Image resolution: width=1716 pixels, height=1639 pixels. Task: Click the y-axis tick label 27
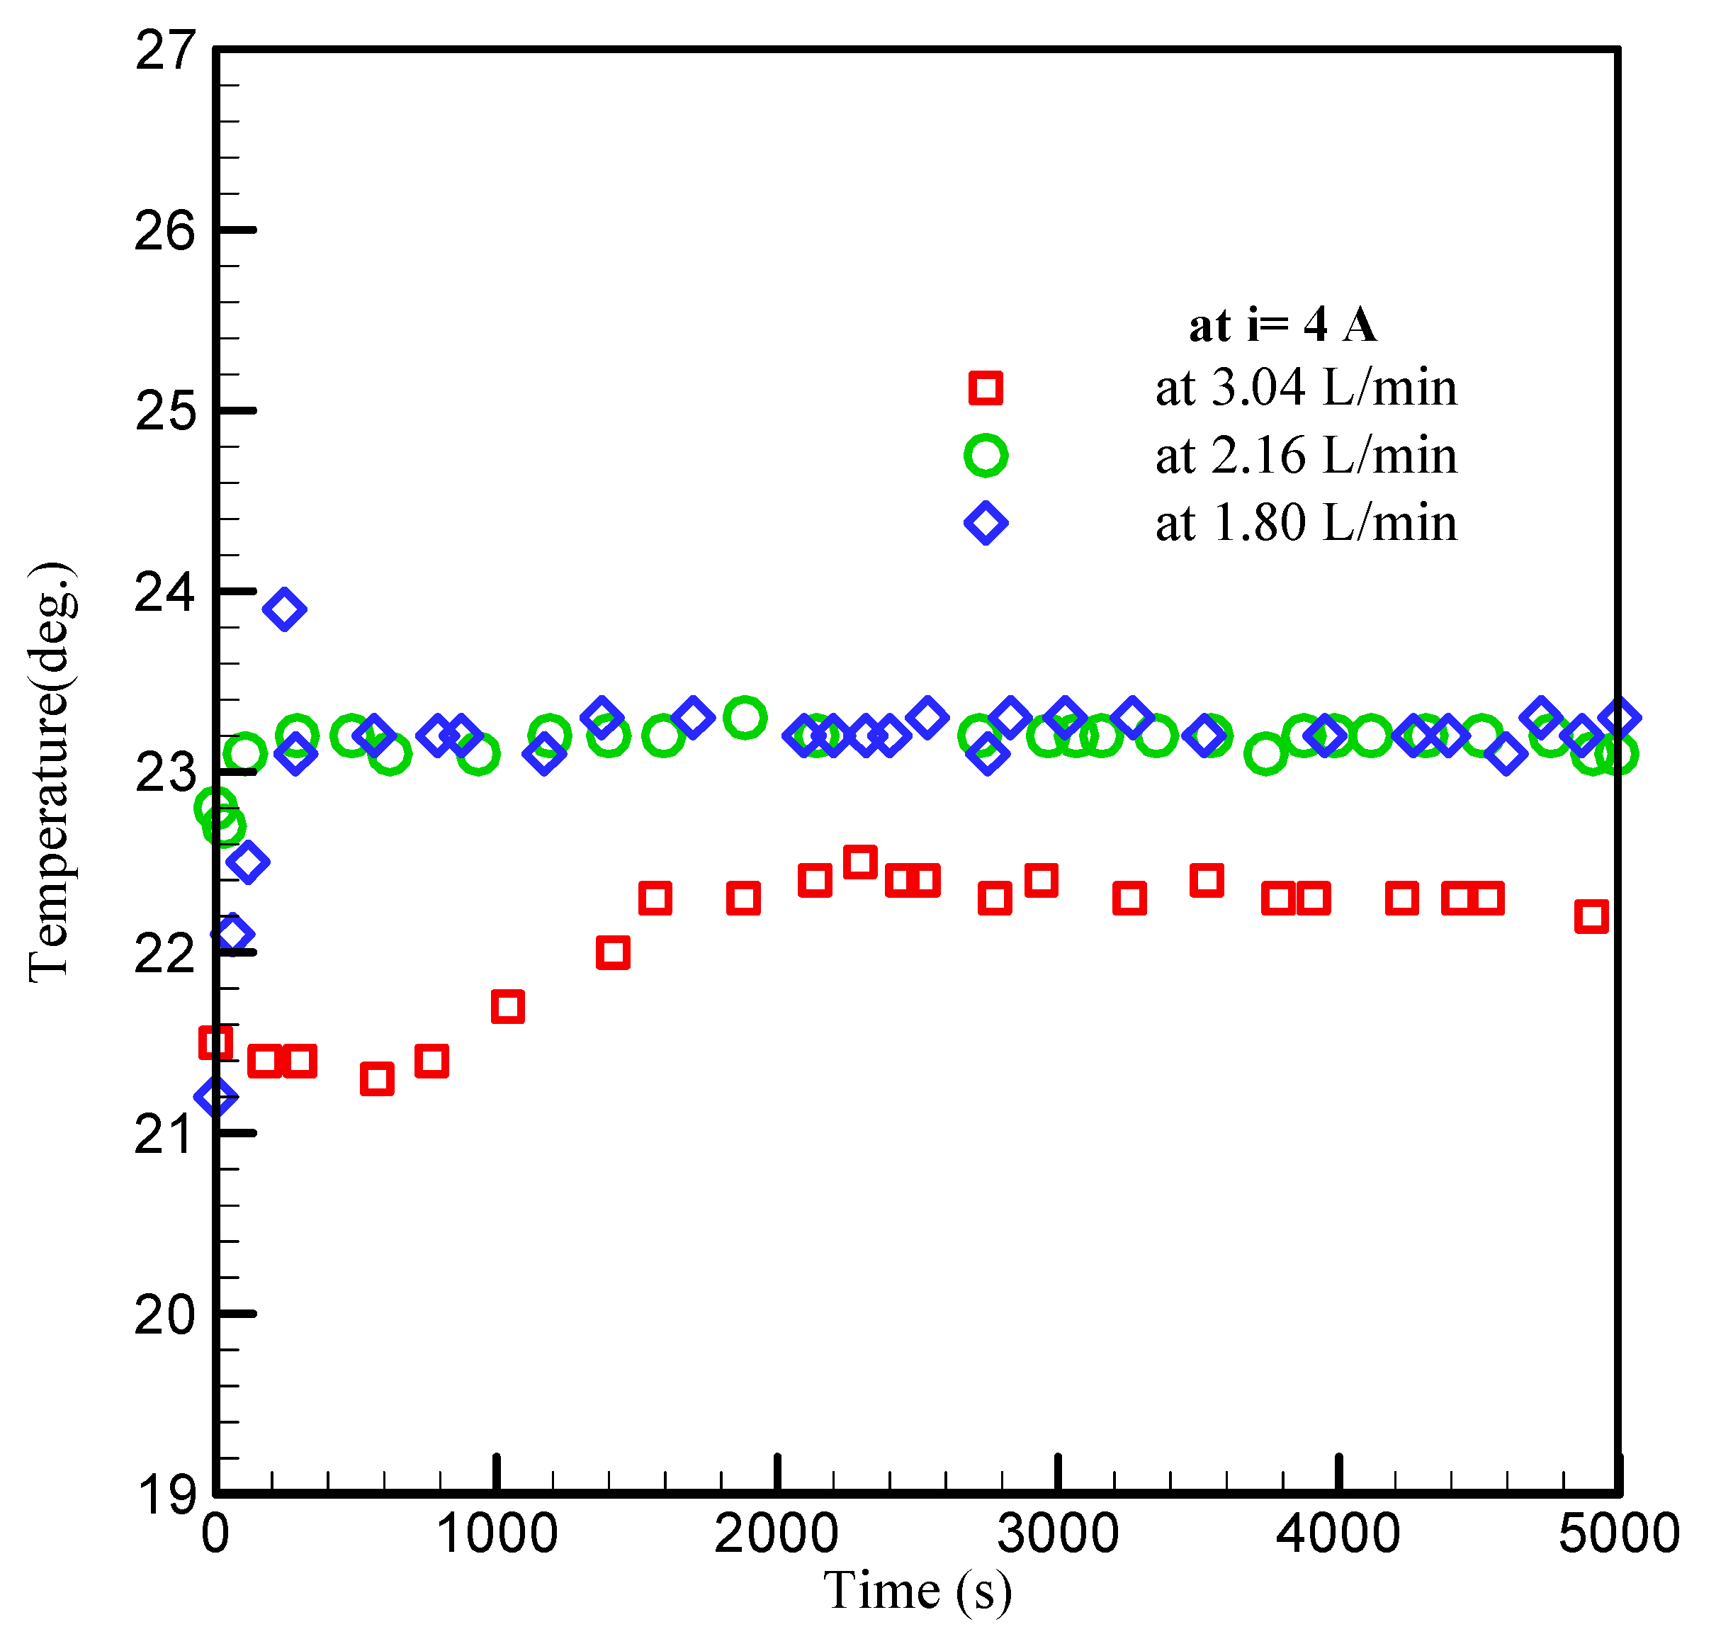click(x=164, y=51)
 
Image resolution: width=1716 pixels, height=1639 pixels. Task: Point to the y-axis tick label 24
click(x=164, y=592)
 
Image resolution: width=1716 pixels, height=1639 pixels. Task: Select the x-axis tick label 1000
click(x=496, y=1533)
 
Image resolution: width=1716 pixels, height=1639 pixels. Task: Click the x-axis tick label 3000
click(x=1058, y=1533)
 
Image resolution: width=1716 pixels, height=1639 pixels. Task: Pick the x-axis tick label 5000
click(x=1619, y=1533)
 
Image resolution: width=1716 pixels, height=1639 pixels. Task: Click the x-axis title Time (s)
click(x=918, y=1590)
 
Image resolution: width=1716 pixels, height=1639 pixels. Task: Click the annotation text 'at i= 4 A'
click(x=1282, y=325)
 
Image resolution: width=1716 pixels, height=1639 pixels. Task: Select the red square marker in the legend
click(x=986, y=387)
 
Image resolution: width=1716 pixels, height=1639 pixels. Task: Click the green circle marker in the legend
click(x=986, y=455)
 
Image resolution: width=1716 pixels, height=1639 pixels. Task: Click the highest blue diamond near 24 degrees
click(x=284, y=609)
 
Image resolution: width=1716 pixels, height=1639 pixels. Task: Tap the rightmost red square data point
click(x=1591, y=916)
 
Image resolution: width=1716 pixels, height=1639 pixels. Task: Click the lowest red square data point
click(x=377, y=1079)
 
